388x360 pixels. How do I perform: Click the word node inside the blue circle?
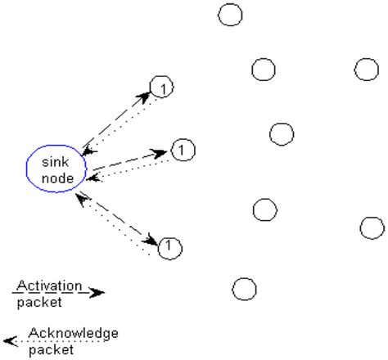pyautogui.click(x=55, y=178)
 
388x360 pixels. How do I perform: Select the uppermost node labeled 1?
pyautogui.click(x=162, y=88)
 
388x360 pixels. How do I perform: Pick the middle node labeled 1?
pyautogui.click(x=183, y=149)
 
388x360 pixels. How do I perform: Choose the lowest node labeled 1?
pyautogui.click(x=169, y=246)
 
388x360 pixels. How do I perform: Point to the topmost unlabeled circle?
pyautogui.click(x=230, y=14)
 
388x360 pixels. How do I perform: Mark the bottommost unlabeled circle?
pyautogui.click(x=244, y=289)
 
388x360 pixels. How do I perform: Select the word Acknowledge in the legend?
pyautogui.click(x=73, y=333)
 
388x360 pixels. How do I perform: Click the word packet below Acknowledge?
pyautogui.click(x=51, y=349)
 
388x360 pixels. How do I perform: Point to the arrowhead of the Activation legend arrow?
pyautogui.click(x=97, y=292)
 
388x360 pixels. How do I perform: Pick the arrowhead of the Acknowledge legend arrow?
pyautogui.click(x=8, y=340)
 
